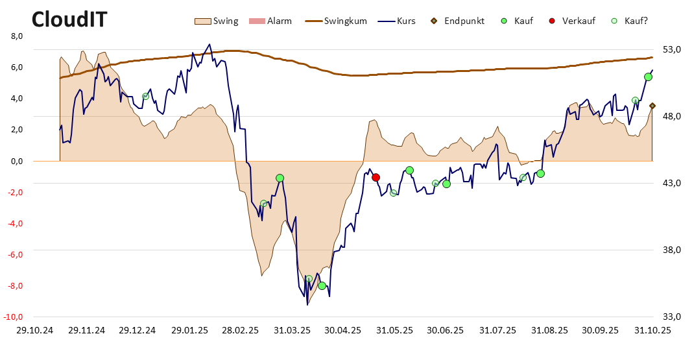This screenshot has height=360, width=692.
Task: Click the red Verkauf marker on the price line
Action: (376, 177)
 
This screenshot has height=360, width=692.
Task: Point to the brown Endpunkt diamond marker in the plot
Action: (652, 106)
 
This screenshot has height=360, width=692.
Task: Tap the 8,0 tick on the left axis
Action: (17, 36)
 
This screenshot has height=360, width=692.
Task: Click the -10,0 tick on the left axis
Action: (14, 317)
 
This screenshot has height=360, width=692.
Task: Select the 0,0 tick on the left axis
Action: (17, 162)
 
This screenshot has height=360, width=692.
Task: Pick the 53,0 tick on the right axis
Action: (672, 49)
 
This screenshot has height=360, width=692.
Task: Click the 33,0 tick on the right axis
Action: (672, 317)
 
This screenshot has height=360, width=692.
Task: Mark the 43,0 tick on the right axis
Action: (672, 184)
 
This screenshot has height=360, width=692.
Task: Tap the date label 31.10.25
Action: (652, 330)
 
